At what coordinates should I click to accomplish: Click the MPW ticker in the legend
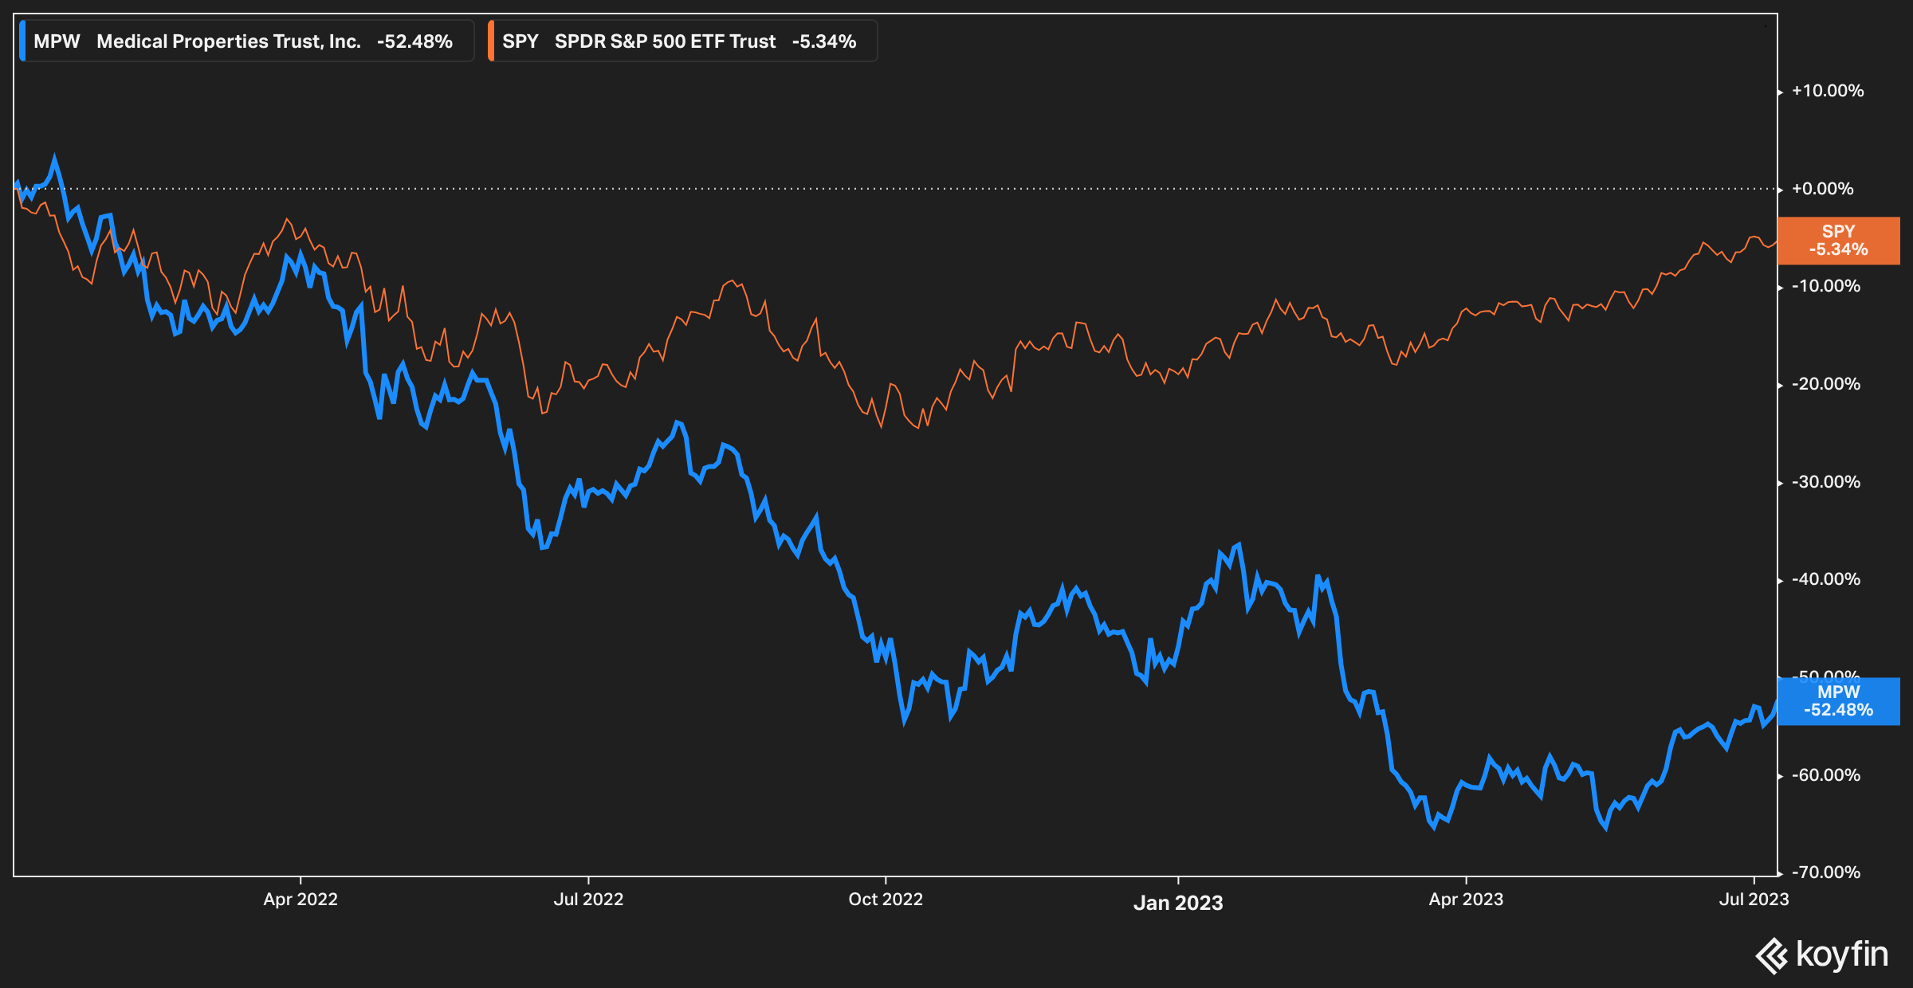[x=57, y=41]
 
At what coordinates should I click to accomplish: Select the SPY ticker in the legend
[x=520, y=41]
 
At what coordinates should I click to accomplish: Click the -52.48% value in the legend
[x=414, y=41]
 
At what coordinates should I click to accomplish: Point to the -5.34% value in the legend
[x=823, y=41]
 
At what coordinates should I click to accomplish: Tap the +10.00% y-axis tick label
[x=1827, y=91]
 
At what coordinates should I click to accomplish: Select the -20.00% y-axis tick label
[x=1825, y=384]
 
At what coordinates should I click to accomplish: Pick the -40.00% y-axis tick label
[x=1825, y=579]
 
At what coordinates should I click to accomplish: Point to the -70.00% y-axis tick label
[x=1825, y=872]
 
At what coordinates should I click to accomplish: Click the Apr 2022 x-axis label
[x=301, y=900]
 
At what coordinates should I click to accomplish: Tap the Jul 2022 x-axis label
[x=588, y=900]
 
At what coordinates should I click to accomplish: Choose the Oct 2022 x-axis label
[x=886, y=900]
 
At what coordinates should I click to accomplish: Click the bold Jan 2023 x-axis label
[x=1178, y=903]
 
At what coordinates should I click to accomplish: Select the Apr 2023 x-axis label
[x=1466, y=900]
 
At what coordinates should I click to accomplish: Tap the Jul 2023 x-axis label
[x=1754, y=900]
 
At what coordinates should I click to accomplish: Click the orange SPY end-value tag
[x=1838, y=241]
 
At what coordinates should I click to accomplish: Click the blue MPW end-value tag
[x=1838, y=701]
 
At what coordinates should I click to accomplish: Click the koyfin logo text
[x=1841, y=955]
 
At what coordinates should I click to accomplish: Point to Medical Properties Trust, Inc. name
[x=229, y=41]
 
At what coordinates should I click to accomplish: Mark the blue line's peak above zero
[x=54, y=159]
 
